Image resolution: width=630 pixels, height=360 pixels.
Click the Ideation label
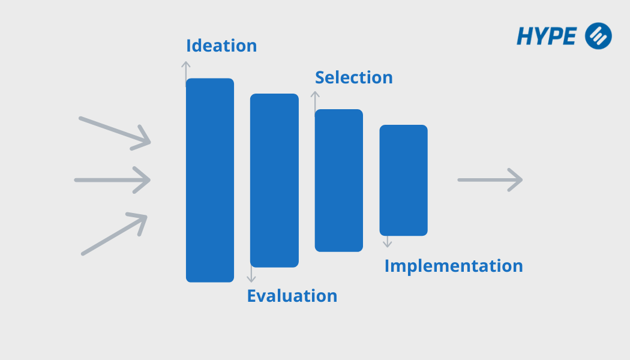(221, 46)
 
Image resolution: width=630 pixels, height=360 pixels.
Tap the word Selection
(354, 77)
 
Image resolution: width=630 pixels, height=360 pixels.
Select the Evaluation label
(292, 296)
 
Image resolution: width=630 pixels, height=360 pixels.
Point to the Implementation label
(454, 266)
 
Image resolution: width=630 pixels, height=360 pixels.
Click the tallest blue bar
(210, 180)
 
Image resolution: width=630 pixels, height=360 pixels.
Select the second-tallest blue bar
(274, 180)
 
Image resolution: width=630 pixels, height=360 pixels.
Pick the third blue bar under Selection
(339, 180)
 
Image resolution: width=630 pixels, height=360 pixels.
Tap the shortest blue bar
(403, 180)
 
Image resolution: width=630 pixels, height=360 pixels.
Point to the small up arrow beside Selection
(315, 100)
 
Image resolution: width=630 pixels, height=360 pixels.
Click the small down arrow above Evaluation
(251, 275)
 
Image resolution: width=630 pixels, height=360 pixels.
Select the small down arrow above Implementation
(388, 241)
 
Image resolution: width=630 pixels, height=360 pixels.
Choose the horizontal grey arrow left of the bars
(112, 179)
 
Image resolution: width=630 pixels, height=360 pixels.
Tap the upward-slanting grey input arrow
(115, 234)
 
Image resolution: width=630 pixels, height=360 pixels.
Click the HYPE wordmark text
(547, 36)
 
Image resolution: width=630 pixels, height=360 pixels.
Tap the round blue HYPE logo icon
(598, 35)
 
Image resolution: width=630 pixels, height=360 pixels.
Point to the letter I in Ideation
(189, 46)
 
